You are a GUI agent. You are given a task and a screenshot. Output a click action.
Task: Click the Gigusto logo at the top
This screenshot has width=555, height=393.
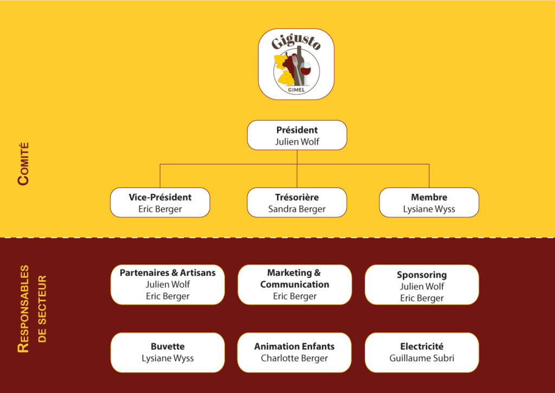point(296,64)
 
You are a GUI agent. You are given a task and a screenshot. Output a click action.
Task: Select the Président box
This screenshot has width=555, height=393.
point(297,135)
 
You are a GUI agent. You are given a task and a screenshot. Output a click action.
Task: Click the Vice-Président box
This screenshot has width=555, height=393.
point(160,202)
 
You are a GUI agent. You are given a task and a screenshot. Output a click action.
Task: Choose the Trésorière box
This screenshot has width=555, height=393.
point(297,202)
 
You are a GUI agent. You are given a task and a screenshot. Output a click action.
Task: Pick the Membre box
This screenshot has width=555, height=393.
point(429,202)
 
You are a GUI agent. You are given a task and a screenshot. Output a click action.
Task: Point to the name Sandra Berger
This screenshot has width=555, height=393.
point(297,209)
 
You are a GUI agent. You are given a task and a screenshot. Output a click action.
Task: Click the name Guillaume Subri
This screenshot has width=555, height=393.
point(422,358)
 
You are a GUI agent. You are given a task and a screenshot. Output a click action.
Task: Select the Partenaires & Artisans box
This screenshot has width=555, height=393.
point(168,284)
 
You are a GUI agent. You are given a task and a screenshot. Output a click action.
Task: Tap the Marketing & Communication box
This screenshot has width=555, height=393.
point(295,284)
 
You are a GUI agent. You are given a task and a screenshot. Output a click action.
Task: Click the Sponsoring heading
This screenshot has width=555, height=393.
point(422,275)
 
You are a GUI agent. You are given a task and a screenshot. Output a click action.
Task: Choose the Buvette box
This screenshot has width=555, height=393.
point(168,353)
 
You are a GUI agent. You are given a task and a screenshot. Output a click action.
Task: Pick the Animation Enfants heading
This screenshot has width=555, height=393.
point(294,346)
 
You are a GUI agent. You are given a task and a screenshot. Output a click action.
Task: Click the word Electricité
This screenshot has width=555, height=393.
point(422,346)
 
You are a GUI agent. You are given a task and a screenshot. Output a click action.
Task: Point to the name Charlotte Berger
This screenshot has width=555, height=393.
point(294,358)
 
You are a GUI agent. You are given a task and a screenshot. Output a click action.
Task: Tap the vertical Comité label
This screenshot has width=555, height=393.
point(23,164)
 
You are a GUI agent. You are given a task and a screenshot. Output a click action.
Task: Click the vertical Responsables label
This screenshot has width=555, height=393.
point(23,309)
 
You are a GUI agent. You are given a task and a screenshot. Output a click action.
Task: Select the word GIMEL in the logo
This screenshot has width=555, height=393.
point(296,90)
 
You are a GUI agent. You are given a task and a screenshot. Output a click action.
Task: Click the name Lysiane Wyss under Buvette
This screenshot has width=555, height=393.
point(168,358)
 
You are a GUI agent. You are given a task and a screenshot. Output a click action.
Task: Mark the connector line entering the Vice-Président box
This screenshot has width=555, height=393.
point(160,176)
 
